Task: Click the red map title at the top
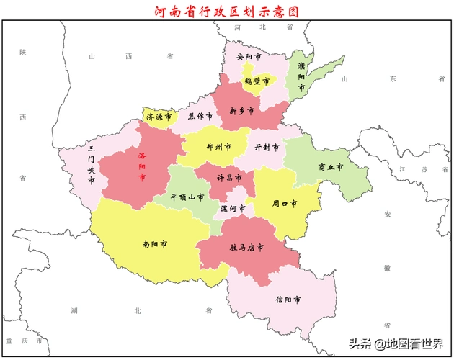point(226,12)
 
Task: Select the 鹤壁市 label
point(257,81)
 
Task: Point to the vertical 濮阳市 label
point(301,76)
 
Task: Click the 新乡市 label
point(241,111)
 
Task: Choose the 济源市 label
point(159,116)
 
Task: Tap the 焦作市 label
point(200,116)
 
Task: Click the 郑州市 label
point(218,147)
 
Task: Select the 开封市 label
point(267,147)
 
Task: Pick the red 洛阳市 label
point(142,166)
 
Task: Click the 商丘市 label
point(330,167)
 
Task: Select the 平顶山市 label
point(187,197)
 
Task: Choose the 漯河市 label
point(233,209)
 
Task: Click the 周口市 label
point(285,204)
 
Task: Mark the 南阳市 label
point(155,244)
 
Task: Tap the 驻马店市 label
point(246,247)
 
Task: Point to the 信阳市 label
point(288,299)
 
